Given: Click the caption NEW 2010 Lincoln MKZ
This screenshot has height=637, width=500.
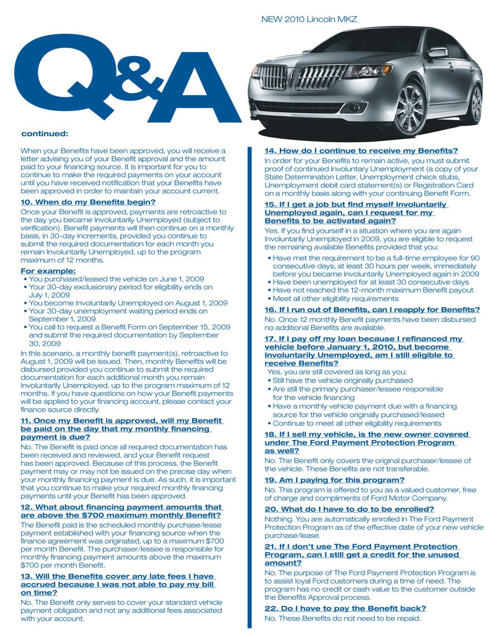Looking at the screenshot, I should (309, 19).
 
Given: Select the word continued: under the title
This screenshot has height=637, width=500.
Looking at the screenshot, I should (44, 134).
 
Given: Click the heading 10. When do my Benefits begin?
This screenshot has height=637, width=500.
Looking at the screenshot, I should (88, 202).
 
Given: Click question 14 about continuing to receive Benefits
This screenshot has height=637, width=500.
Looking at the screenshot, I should (361, 151).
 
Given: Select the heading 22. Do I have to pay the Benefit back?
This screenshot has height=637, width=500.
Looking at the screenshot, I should (345, 609).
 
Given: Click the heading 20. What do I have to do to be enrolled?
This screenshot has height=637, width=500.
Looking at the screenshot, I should (349, 509).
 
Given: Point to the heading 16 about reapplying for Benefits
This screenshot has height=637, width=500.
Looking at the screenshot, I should (372, 310).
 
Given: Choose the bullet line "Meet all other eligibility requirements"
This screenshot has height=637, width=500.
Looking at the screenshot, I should (336, 299).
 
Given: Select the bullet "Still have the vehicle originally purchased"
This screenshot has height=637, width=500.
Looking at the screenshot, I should (343, 380).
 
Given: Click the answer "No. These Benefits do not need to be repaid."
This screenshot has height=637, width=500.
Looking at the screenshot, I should (342, 618).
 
